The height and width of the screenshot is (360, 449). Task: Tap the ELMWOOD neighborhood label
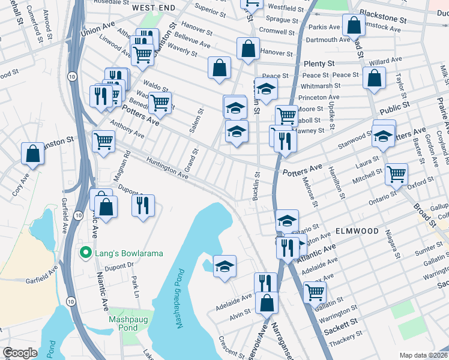pyautogui.click(x=357, y=231)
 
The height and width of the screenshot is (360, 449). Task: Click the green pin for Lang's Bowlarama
pyautogui.click(x=86, y=253)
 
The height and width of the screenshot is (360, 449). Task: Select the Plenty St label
pyautogui.click(x=319, y=64)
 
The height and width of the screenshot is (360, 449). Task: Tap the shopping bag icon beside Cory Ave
pyautogui.click(x=33, y=154)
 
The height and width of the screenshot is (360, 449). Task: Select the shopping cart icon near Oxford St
pyautogui.click(x=396, y=174)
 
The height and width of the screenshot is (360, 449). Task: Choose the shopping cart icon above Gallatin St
pyautogui.click(x=315, y=292)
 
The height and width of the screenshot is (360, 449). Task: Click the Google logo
pyautogui.click(x=19, y=353)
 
